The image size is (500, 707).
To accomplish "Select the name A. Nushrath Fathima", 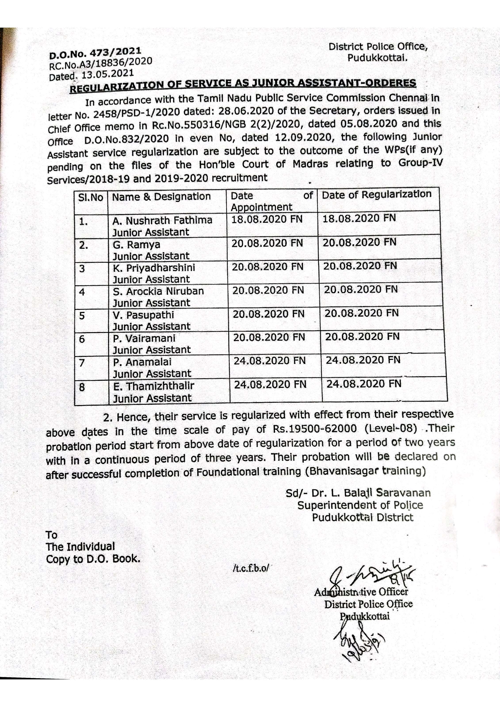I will [x=162, y=220].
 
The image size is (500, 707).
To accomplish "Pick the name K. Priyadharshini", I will [x=154, y=268].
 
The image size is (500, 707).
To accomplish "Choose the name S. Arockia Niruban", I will [x=158, y=291].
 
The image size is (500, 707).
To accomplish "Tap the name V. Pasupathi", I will [x=143, y=315].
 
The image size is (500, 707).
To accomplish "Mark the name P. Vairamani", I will [x=144, y=338].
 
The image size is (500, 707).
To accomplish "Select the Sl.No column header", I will [x=91, y=197].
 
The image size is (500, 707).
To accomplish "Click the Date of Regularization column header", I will [x=376, y=195].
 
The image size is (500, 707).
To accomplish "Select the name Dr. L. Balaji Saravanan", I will [x=371, y=493].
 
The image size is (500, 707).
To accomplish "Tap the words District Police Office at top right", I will [x=378, y=47].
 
